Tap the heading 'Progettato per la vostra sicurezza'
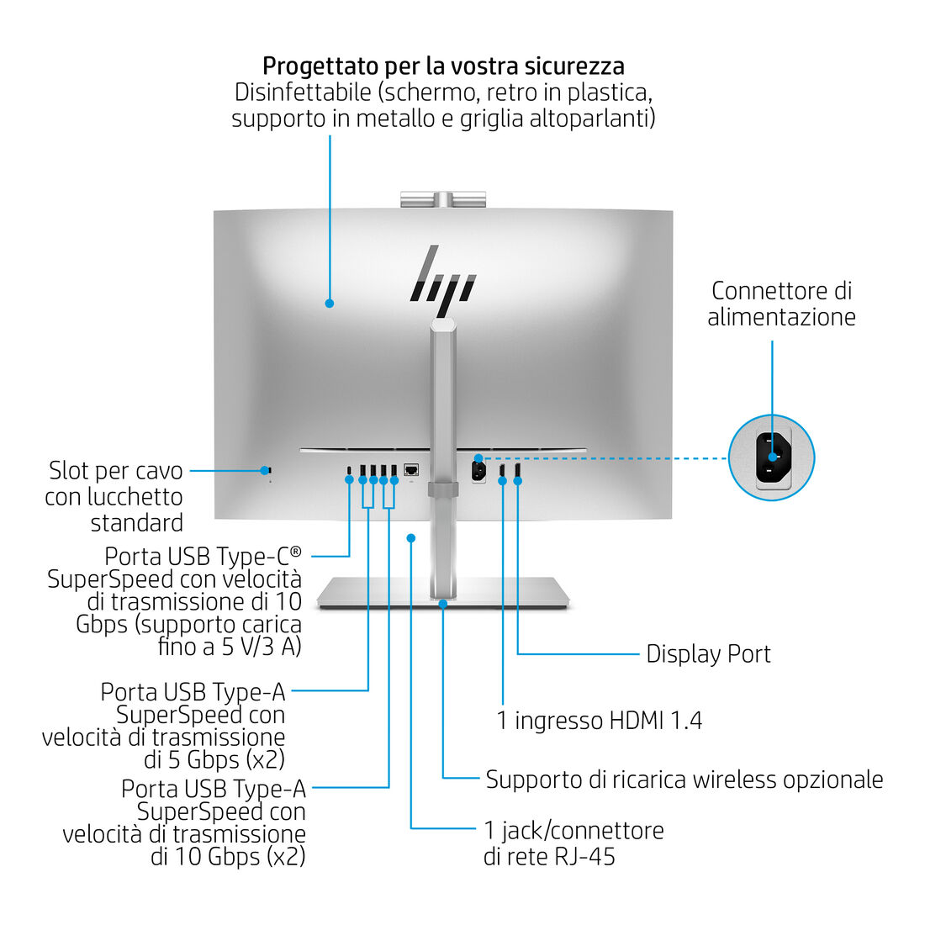(x=443, y=66)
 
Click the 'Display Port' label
(x=708, y=654)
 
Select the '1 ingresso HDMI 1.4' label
(x=599, y=721)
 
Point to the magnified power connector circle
(x=771, y=458)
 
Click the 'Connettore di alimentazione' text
(x=781, y=304)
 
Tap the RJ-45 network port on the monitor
(x=411, y=469)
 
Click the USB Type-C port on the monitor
(x=350, y=470)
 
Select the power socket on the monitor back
(x=478, y=470)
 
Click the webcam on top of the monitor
(x=443, y=199)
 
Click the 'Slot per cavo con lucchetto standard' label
(x=114, y=496)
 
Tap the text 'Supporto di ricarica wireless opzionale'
(x=684, y=780)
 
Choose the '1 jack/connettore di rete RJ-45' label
(x=573, y=843)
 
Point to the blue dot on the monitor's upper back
(x=330, y=303)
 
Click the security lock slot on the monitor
(x=269, y=470)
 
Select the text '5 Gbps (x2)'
(x=214, y=760)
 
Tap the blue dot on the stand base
(x=443, y=603)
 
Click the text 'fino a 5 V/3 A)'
(x=230, y=647)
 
